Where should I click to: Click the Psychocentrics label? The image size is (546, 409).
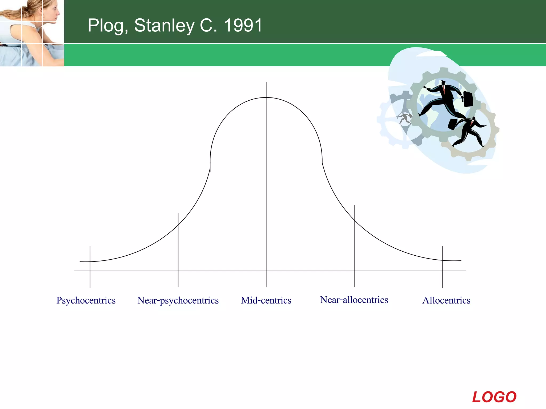point(86,300)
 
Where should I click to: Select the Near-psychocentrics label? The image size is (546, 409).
point(178,300)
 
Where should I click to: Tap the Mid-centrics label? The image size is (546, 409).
point(266,300)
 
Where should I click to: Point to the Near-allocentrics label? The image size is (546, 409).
point(354,300)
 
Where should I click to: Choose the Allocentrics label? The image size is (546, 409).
point(446,300)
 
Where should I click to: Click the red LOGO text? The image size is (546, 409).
point(494,397)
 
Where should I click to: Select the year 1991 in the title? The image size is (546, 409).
point(243,26)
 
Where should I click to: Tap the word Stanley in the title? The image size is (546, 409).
point(164,26)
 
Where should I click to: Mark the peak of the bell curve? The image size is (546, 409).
point(266,98)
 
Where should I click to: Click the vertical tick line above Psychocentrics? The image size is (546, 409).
point(90,266)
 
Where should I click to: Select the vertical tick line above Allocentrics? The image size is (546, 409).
point(442,266)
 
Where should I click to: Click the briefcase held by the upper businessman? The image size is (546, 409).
point(468,99)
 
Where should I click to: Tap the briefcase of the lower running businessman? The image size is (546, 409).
point(452,124)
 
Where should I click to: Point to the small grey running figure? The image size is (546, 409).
point(405,118)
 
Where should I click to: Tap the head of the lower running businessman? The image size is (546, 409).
point(473,118)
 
